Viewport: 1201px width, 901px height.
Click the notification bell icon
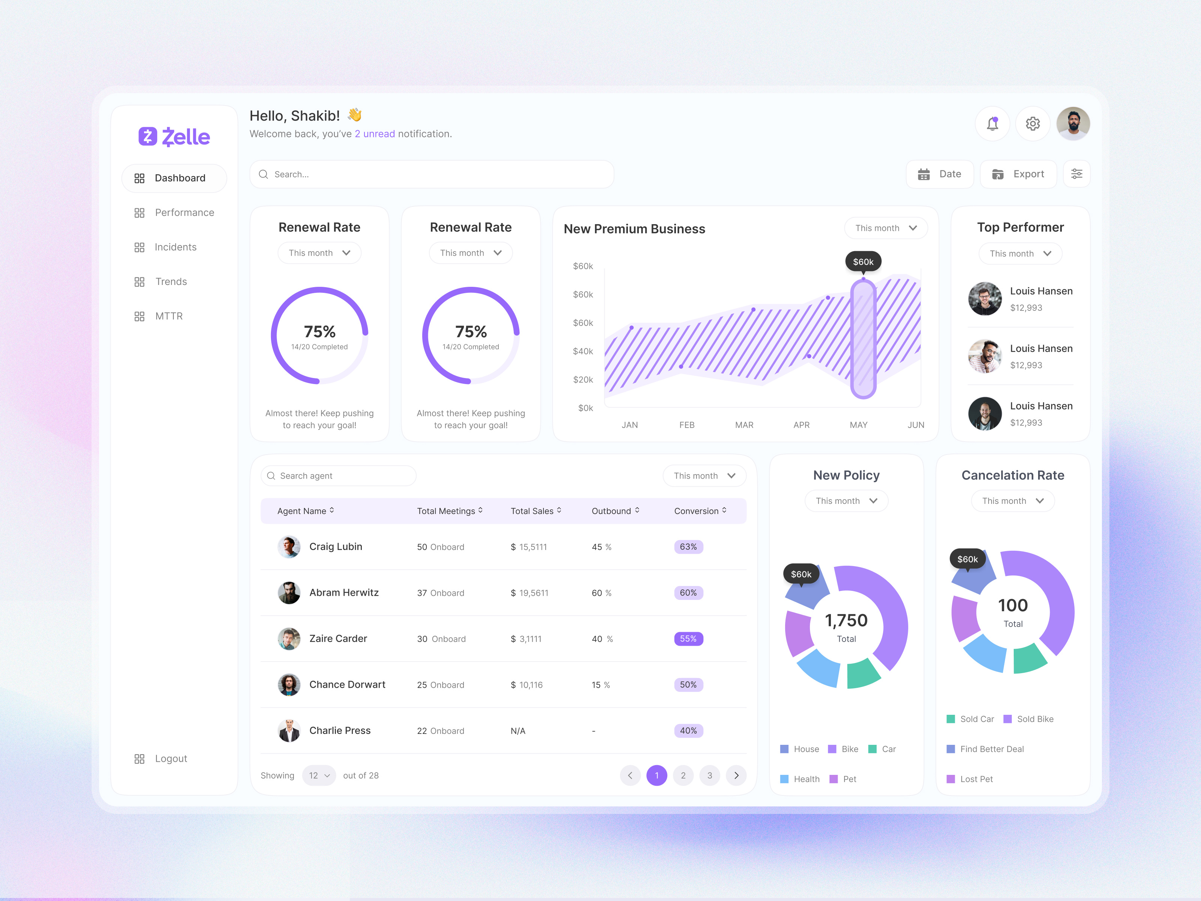coord(992,124)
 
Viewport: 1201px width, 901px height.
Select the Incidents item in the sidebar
coord(175,247)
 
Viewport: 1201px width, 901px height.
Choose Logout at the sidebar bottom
coord(170,759)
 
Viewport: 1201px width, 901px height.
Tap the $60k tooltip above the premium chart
coord(863,262)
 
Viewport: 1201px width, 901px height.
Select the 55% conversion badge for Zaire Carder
coord(688,639)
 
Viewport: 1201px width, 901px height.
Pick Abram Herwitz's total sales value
coord(530,593)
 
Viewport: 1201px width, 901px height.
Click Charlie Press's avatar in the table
coord(289,731)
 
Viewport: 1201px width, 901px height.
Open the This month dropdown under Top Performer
coord(1020,254)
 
